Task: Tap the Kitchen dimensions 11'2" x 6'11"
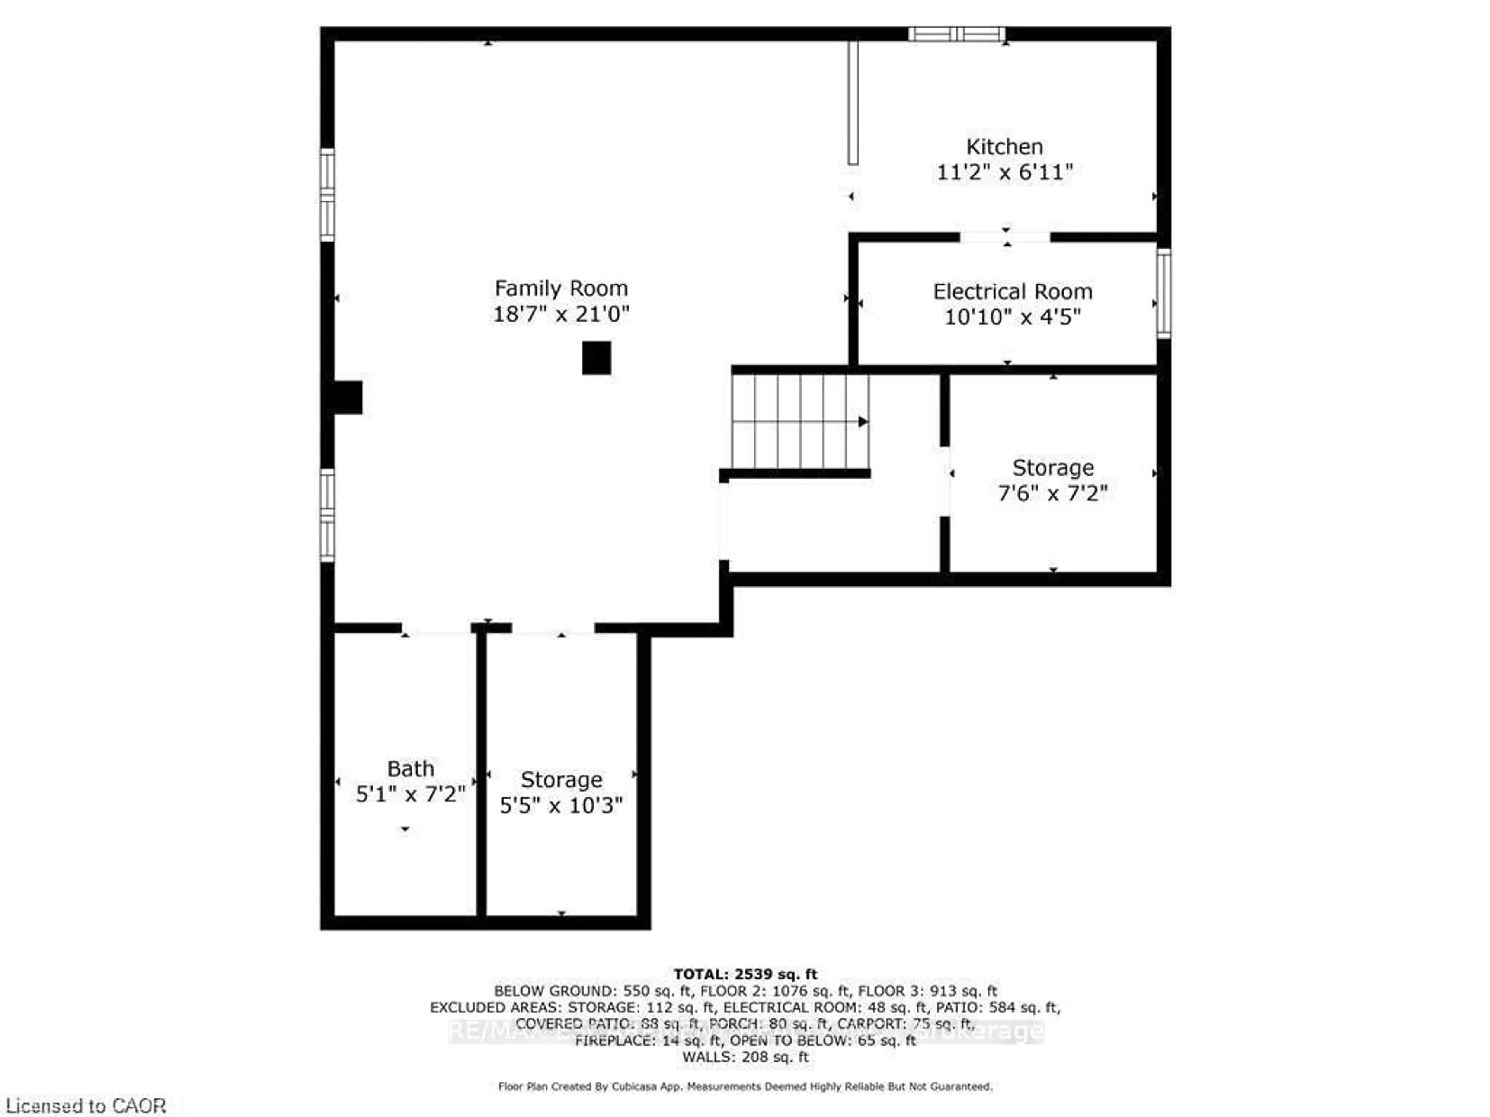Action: (1004, 172)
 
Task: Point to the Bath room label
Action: (410, 768)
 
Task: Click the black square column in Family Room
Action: (596, 358)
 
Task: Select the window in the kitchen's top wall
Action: (956, 34)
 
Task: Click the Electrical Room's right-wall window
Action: (1163, 293)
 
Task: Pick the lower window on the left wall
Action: (327, 515)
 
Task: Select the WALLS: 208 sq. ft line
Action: (745, 1056)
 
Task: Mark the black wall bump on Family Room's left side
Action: (348, 397)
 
